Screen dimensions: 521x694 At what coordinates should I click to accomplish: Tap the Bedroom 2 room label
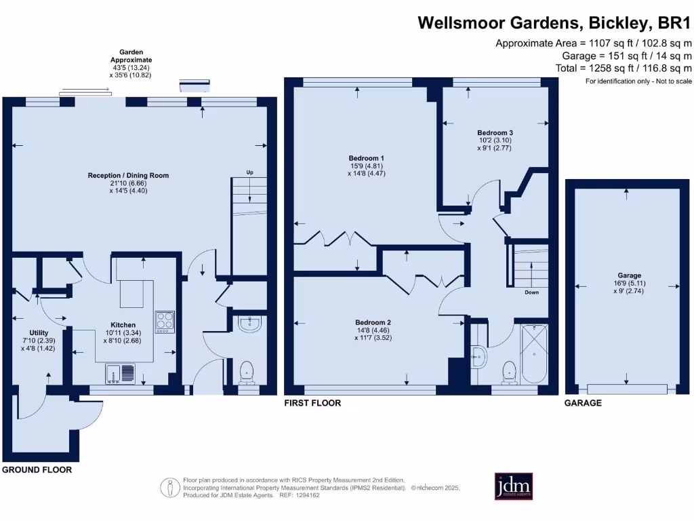click(374, 322)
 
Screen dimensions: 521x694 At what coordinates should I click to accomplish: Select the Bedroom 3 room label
click(495, 132)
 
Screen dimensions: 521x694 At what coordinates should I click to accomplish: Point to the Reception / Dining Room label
click(128, 175)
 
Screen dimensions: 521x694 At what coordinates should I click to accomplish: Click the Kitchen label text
click(123, 325)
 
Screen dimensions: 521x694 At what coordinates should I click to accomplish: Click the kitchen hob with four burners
click(165, 322)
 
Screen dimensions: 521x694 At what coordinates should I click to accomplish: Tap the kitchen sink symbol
click(121, 373)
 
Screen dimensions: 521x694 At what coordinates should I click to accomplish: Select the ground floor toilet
click(247, 372)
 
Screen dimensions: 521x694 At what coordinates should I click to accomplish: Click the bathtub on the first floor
click(535, 353)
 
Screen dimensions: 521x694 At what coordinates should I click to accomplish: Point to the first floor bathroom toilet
click(508, 372)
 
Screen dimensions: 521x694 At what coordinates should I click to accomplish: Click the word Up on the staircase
click(249, 173)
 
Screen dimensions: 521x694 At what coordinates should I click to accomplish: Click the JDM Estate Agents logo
click(514, 486)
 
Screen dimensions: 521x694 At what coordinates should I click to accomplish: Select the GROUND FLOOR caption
click(37, 469)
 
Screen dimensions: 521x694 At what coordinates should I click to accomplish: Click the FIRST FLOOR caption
click(312, 403)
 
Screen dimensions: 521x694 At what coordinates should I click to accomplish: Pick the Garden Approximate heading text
click(131, 56)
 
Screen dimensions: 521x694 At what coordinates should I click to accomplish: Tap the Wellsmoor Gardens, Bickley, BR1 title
click(554, 23)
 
